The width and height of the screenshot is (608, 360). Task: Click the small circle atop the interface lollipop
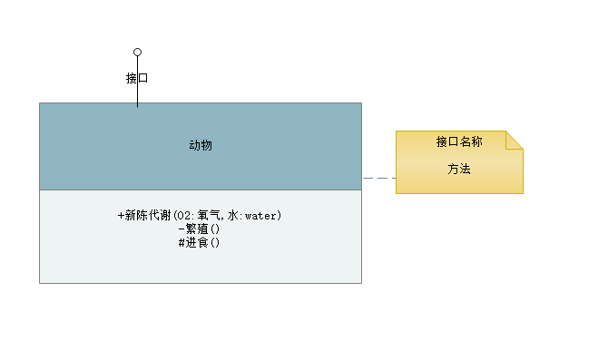pos(138,52)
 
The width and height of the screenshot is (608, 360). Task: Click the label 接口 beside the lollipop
pos(137,78)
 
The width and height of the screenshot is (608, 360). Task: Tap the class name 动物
pos(201,145)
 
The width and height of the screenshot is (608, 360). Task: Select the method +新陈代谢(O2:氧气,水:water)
pos(201,216)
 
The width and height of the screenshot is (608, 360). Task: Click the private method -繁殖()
pos(201,229)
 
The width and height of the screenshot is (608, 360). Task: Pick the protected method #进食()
pos(201,243)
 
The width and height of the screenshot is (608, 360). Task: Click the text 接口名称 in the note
pos(458,142)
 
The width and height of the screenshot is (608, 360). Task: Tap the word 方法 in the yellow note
pos(459,169)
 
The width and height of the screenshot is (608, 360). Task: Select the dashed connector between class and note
pos(379,180)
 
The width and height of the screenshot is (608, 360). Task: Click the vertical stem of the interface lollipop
pos(138,96)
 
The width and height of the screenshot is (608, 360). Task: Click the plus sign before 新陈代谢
pos(122,216)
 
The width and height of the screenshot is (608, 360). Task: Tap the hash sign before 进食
pos(182,243)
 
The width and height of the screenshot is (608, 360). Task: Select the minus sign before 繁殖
pos(181,229)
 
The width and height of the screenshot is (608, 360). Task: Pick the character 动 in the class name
pos(194,145)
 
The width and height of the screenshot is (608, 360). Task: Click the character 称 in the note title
pos(476,142)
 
